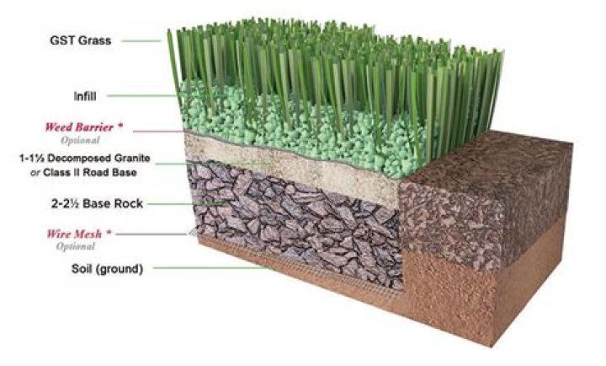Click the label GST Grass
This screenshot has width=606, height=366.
tap(81, 40)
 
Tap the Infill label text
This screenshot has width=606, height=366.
tap(85, 96)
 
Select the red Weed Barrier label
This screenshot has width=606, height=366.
tap(79, 127)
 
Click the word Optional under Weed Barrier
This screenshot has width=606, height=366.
tap(81, 140)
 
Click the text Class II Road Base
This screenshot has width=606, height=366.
tap(90, 172)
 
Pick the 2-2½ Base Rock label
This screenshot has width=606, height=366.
tap(97, 203)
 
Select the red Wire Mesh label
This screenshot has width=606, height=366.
tap(74, 234)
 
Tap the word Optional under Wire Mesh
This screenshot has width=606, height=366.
tap(76, 246)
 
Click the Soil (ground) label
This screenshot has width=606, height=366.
tap(107, 268)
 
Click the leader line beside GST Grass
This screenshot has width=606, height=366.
tap(141, 40)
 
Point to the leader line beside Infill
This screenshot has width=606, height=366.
tap(142, 95)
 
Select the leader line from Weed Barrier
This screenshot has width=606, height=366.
tap(158, 132)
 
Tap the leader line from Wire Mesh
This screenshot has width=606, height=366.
tap(151, 234)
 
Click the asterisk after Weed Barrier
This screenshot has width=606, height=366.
tap(120, 126)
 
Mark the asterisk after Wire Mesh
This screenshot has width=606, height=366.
tap(109, 233)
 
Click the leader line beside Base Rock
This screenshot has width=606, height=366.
tap(186, 203)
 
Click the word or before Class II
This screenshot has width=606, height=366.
tap(35, 173)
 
